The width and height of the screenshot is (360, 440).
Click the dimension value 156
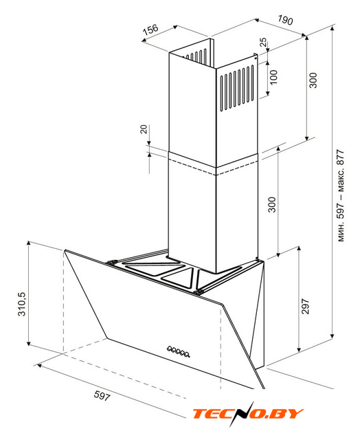point(150,30)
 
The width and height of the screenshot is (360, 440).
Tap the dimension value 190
point(285,20)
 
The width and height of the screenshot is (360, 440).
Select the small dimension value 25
point(264,43)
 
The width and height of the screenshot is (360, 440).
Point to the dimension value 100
point(273,77)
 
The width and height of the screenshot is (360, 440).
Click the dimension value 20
point(144,129)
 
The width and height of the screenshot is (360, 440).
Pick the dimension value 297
point(305,307)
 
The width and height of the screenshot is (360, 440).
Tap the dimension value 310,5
point(22,304)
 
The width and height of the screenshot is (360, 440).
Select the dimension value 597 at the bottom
point(102,396)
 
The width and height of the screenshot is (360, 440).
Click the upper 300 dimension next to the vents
point(313,80)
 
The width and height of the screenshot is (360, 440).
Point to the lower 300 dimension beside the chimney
point(272,205)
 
